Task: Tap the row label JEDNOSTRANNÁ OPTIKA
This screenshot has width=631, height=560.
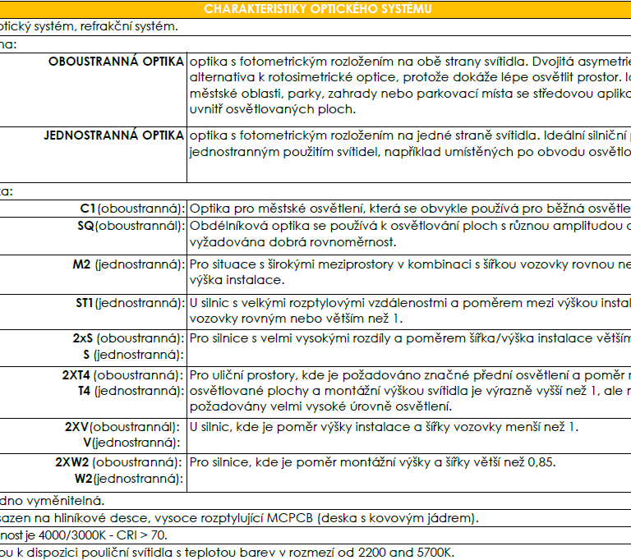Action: click(x=113, y=135)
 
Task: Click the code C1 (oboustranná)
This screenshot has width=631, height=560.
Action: click(x=132, y=209)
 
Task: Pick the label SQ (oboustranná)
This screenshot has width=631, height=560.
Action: click(x=131, y=226)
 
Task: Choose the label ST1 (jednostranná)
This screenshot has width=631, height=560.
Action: click(x=129, y=303)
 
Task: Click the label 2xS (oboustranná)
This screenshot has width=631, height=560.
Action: click(x=128, y=338)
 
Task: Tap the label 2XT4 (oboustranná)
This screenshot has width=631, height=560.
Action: click(x=123, y=375)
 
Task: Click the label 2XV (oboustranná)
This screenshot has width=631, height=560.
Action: click(x=124, y=427)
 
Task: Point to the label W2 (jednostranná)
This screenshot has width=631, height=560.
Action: click(x=130, y=479)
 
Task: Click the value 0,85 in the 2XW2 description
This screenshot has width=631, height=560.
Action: click(x=541, y=462)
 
